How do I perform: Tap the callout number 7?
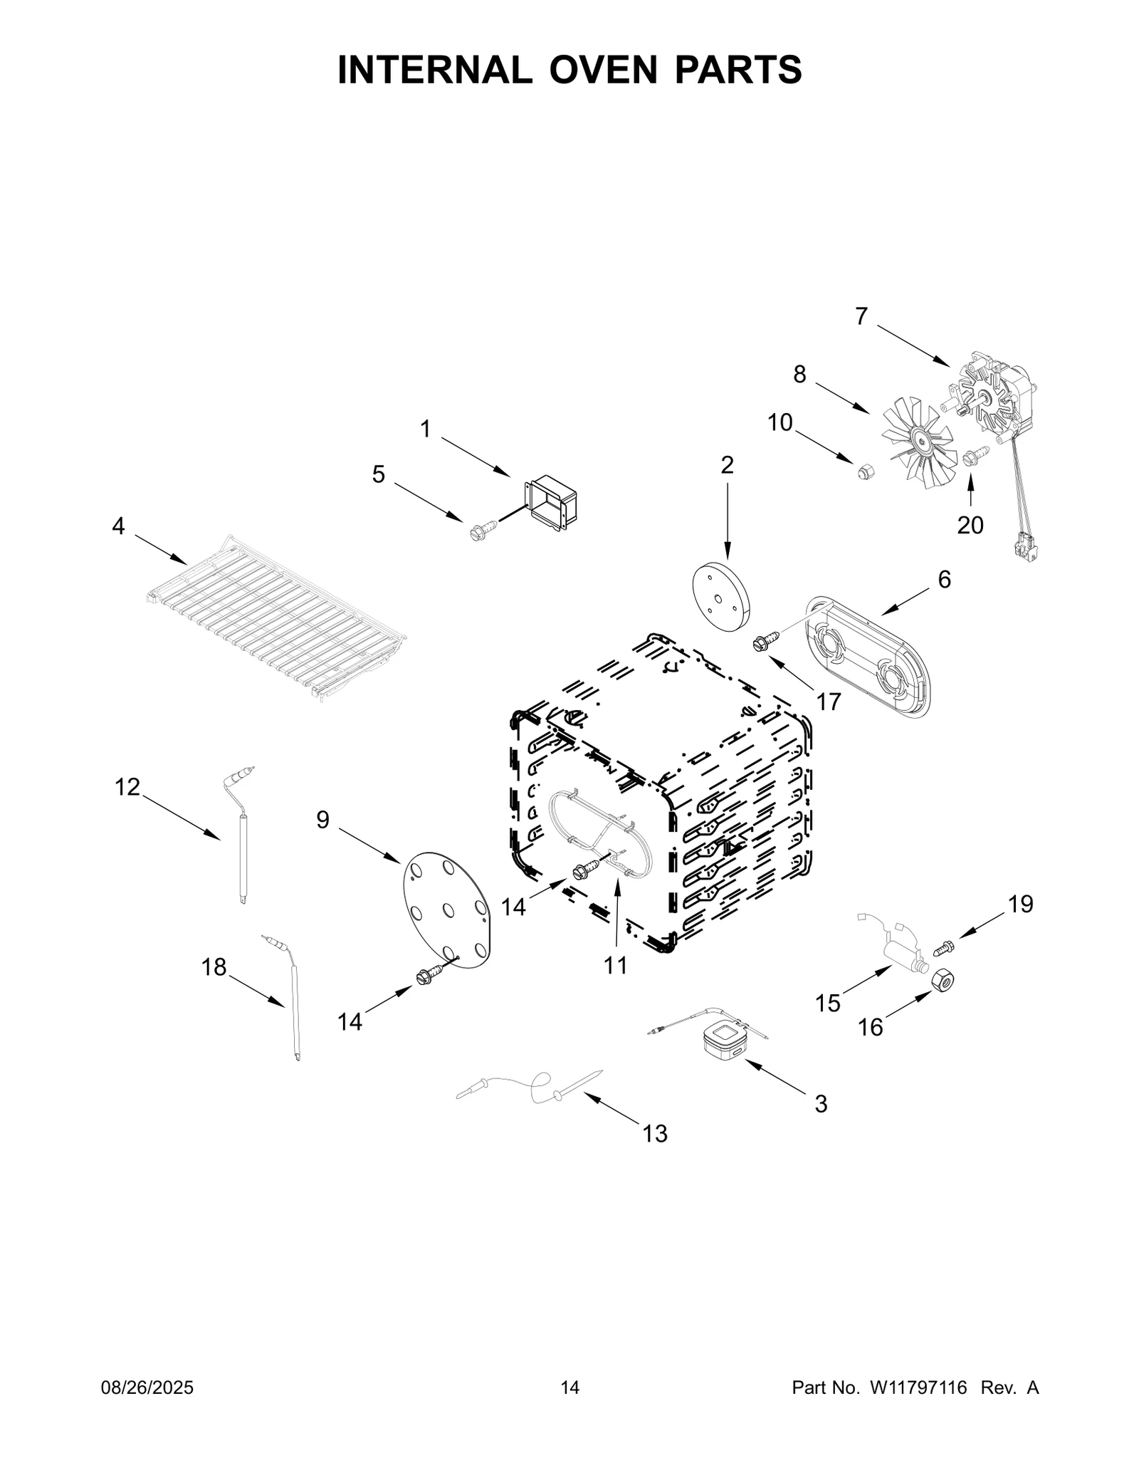click(x=861, y=316)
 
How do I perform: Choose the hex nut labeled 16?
click(x=943, y=983)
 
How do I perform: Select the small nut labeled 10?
click(x=866, y=470)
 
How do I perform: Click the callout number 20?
click(x=970, y=526)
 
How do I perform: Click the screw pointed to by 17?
click(x=760, y=644)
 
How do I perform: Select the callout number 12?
click(x=128, y=787)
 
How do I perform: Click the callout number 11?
click(x=616, y=966)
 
